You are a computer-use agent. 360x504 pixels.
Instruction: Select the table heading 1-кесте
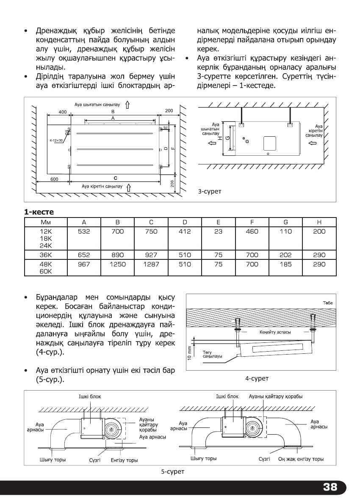point(39,212)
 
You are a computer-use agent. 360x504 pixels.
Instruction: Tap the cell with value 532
point(84,231)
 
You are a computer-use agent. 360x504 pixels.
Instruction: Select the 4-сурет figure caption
point(257,378)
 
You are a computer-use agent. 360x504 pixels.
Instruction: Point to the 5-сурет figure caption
point(172,471)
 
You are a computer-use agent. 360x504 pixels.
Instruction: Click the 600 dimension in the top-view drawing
point(54,179)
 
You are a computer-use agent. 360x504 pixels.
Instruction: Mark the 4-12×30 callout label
point(55,139)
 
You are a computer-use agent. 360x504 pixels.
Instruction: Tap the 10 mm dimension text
point(190,353)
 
